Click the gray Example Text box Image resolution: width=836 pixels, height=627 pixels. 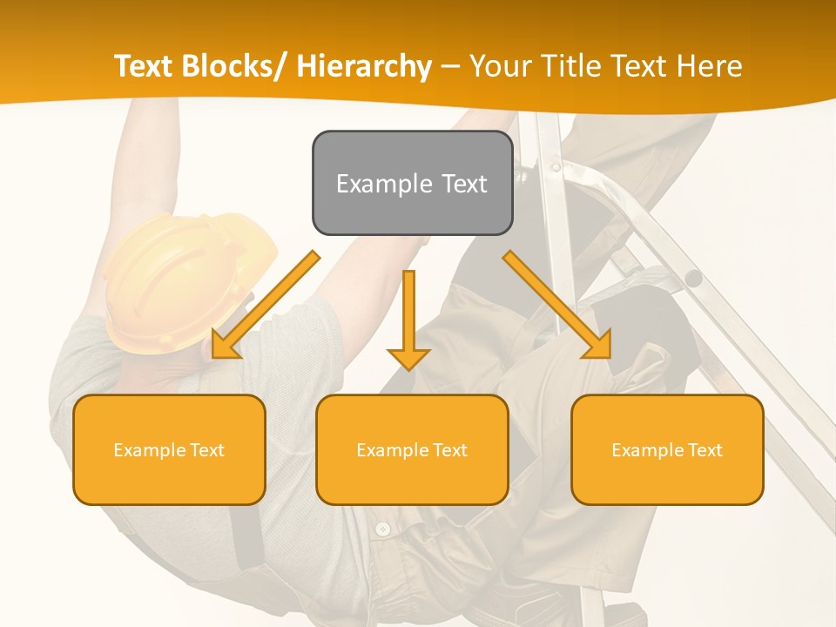412,183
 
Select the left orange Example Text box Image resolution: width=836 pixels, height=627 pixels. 169,449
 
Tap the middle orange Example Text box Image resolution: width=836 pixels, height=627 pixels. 412,449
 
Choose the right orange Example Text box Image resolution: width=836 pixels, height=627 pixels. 667,449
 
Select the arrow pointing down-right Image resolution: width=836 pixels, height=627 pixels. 557,305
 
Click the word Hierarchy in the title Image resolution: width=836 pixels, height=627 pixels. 364,66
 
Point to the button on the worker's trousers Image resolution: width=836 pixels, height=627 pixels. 381,529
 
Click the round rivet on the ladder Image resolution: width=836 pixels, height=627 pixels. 692,279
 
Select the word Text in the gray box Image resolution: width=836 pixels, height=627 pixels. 462,184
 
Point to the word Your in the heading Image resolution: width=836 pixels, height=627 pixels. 501,66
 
